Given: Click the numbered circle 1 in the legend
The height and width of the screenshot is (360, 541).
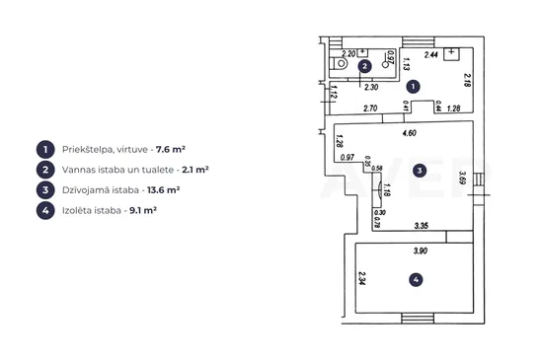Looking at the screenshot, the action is pyautogui.click(x=45, y=149).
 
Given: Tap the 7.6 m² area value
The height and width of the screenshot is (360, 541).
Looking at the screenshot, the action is pyautogui.click(x=171, y=149).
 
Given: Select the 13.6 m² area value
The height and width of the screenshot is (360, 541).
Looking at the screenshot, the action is pyautogui.click(x=164, y=190).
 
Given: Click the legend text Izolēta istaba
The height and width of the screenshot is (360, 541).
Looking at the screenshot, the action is pyautogui.click(x=92, y=210).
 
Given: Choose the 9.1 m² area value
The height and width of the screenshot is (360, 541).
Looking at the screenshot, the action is pyautogui.click(x=143, y=210).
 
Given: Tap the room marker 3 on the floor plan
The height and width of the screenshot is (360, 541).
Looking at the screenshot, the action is pyautogui.click(x=420, y=171).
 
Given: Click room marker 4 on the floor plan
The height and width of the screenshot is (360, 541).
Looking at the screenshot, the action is pyautogui.click(x=416, y=280).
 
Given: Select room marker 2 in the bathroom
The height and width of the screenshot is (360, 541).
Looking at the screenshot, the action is pyautogui.click(x=364, y=66).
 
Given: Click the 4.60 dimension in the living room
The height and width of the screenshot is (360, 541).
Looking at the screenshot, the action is pyautogui.click(x=409, y=133).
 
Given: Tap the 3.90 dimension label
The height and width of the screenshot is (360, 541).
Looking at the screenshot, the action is pyautogui.click(x=421, y=251).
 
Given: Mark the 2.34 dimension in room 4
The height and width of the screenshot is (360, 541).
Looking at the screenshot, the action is pyautogui.click(x=362, y=278).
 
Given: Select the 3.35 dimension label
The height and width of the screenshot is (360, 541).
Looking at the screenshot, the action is pyautogui.click(x=422, y=226).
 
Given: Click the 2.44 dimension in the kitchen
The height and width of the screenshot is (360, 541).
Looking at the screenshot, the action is pyautogui.click(x=431, y=54).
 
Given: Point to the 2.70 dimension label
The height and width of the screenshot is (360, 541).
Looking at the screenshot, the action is pyautogui.click(x=370, y=108).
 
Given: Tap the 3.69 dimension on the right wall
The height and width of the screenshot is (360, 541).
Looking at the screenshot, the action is pyautogui.click(x=463, y=178).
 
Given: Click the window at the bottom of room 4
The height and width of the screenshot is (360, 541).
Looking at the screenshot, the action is pyautogui.click(x=418, y=319).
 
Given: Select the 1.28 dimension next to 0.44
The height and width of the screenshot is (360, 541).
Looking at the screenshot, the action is pyautogui.click(x=454, y=108).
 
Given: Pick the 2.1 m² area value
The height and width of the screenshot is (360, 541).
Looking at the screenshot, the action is pyautogui.click(x=195, y=170).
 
